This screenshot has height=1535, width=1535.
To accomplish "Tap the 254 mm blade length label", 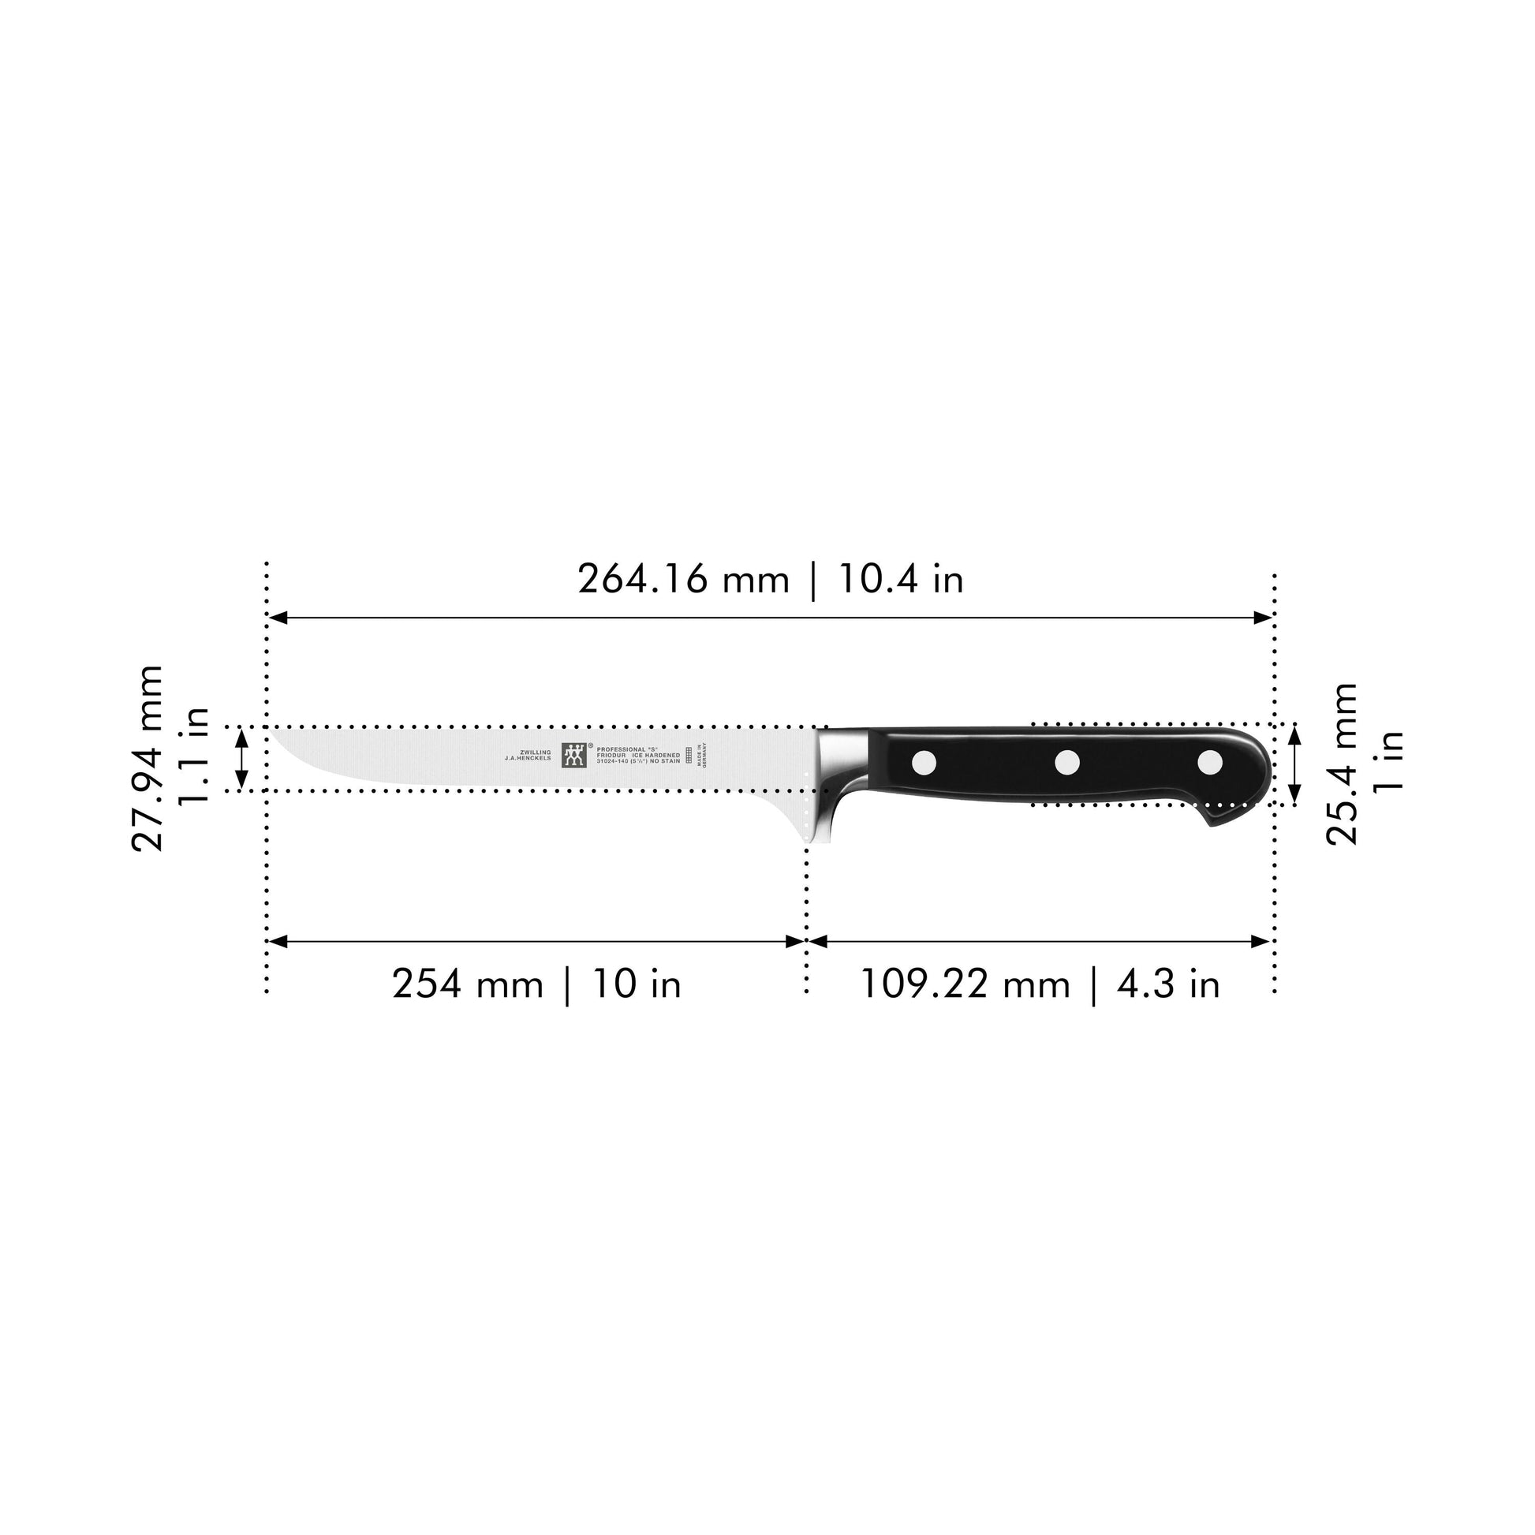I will tap(467, 984).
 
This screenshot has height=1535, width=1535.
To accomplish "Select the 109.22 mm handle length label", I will tap(965, 984).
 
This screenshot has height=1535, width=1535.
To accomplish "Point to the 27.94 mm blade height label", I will tap(148, 759).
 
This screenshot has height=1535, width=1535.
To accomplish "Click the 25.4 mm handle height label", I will tap(1343, 764).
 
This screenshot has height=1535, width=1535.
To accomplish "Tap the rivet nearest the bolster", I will tap(924, 763).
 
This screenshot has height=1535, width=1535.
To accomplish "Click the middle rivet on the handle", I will tap(1067, 763).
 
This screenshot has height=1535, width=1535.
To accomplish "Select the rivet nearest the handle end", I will tap(1210, 763).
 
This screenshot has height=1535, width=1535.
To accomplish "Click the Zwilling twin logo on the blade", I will tap(574, 755).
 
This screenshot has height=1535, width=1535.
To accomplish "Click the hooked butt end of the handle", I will tap(1231, 814).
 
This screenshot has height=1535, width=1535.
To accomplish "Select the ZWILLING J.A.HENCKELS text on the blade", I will tap(528, 755).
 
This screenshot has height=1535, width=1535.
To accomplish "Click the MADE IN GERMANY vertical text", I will tap(701, 754).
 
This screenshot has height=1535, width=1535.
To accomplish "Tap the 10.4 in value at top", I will tap(901, 579).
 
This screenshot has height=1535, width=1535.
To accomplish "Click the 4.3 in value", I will tap(1168, 984).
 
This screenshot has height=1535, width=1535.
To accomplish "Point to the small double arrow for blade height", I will tap(242, 759).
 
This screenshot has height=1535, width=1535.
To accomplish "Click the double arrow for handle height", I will tap(1294, 764).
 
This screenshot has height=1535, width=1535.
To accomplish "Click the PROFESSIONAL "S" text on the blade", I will tap(628, 749).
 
